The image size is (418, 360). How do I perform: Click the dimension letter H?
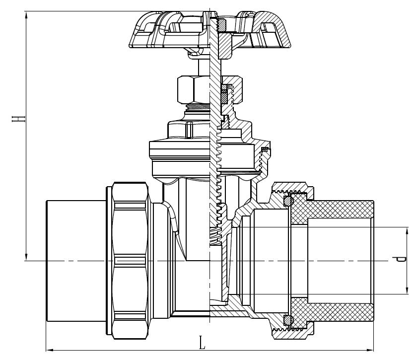coord(19,119)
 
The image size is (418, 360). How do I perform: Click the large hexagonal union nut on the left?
coord(130,261)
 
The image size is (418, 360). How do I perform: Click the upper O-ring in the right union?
coord(287,202)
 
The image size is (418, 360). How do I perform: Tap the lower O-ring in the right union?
coord(287,319)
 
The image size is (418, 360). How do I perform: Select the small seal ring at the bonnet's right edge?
coord(265,149)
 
